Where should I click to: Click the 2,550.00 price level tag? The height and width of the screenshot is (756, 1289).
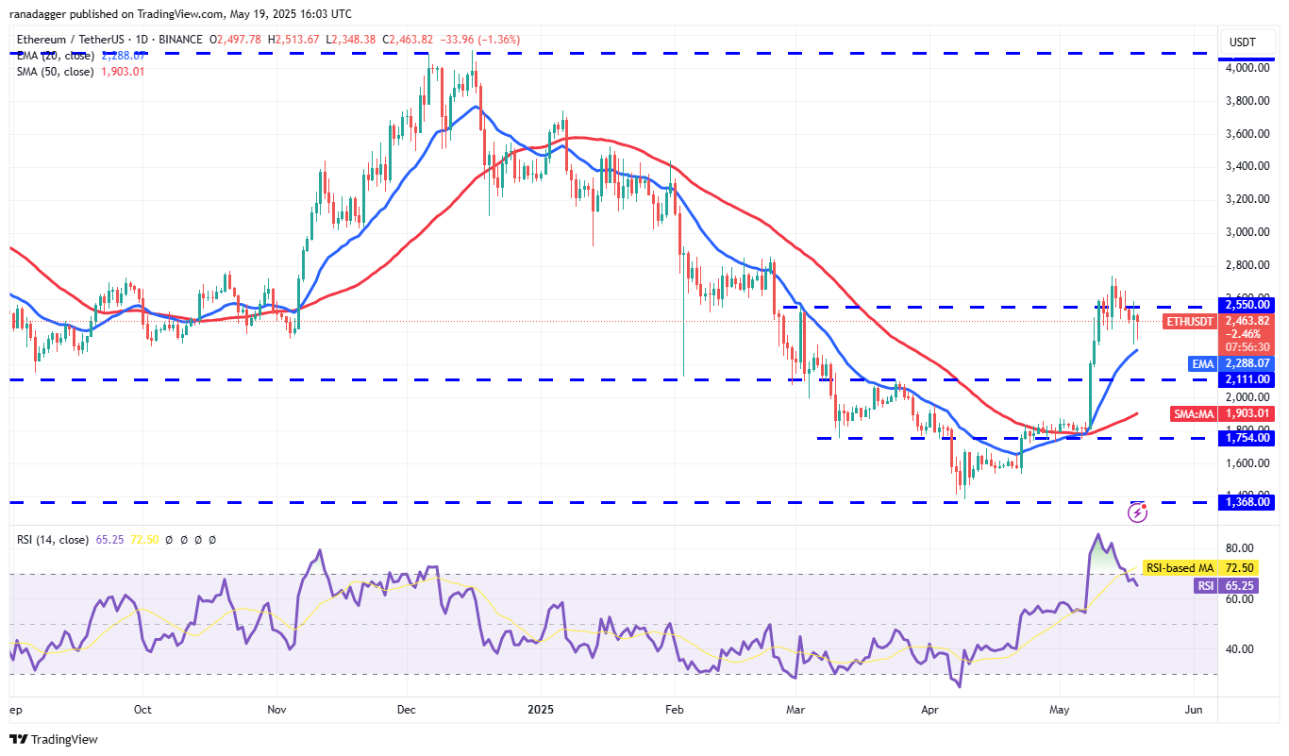pos(1247,305)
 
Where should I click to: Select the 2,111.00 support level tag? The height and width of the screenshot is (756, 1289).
pos(1247,379)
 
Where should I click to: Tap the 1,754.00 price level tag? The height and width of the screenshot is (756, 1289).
pos(1247,438)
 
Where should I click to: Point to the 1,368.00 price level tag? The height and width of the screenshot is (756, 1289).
pos(1247,502)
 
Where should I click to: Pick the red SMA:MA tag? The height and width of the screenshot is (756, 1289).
pos(1192,413)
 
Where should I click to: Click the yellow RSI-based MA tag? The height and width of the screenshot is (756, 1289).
pos(1179,568)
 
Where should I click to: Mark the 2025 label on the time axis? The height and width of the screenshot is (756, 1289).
pos(542,709)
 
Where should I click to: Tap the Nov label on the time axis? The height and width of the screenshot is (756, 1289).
pos(276,709)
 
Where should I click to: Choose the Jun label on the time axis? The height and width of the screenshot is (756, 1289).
pos(1194,709)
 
